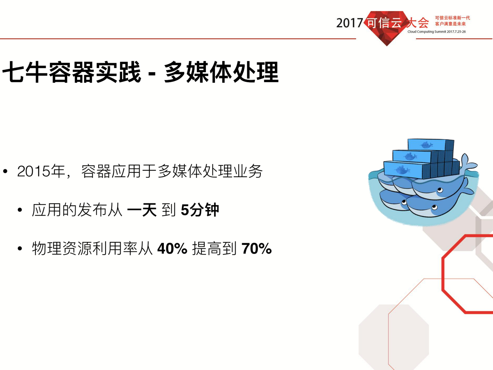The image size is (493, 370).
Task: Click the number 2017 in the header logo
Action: (x=349, y=23)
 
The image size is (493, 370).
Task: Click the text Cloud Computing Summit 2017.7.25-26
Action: (x=436, y=32)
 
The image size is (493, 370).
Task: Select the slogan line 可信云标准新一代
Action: (x=452, y=18)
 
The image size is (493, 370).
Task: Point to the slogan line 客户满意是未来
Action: (x=450, y=24)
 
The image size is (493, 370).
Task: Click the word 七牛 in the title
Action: (x=25, y=72)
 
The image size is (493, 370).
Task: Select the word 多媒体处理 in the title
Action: (x=221, y=72)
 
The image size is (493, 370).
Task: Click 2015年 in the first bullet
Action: (x=41, y=171)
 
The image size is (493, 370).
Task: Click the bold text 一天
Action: (x=142, y=210)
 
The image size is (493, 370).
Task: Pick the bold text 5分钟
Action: (x=200, y=210)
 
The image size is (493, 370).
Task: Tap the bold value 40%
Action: (x=172, y=249)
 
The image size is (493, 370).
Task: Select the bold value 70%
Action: (x=256, y=249)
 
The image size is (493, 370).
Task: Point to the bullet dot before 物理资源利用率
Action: (x=20, y=249)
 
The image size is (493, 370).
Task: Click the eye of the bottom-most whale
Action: (x=435, y=207)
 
